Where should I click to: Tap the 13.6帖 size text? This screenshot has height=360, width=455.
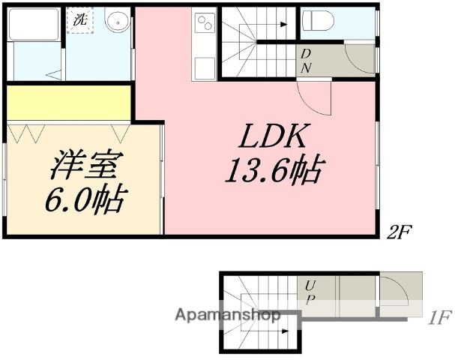[274, 171]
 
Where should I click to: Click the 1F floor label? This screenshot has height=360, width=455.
[439, 317]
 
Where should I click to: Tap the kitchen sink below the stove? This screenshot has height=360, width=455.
[204, 66]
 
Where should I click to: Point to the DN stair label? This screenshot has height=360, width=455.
[307, 60]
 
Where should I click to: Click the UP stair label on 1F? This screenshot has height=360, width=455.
[310, 292]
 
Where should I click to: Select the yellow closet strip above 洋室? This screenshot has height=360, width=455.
[69, 101]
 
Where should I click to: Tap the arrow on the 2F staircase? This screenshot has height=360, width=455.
[283, 25]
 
